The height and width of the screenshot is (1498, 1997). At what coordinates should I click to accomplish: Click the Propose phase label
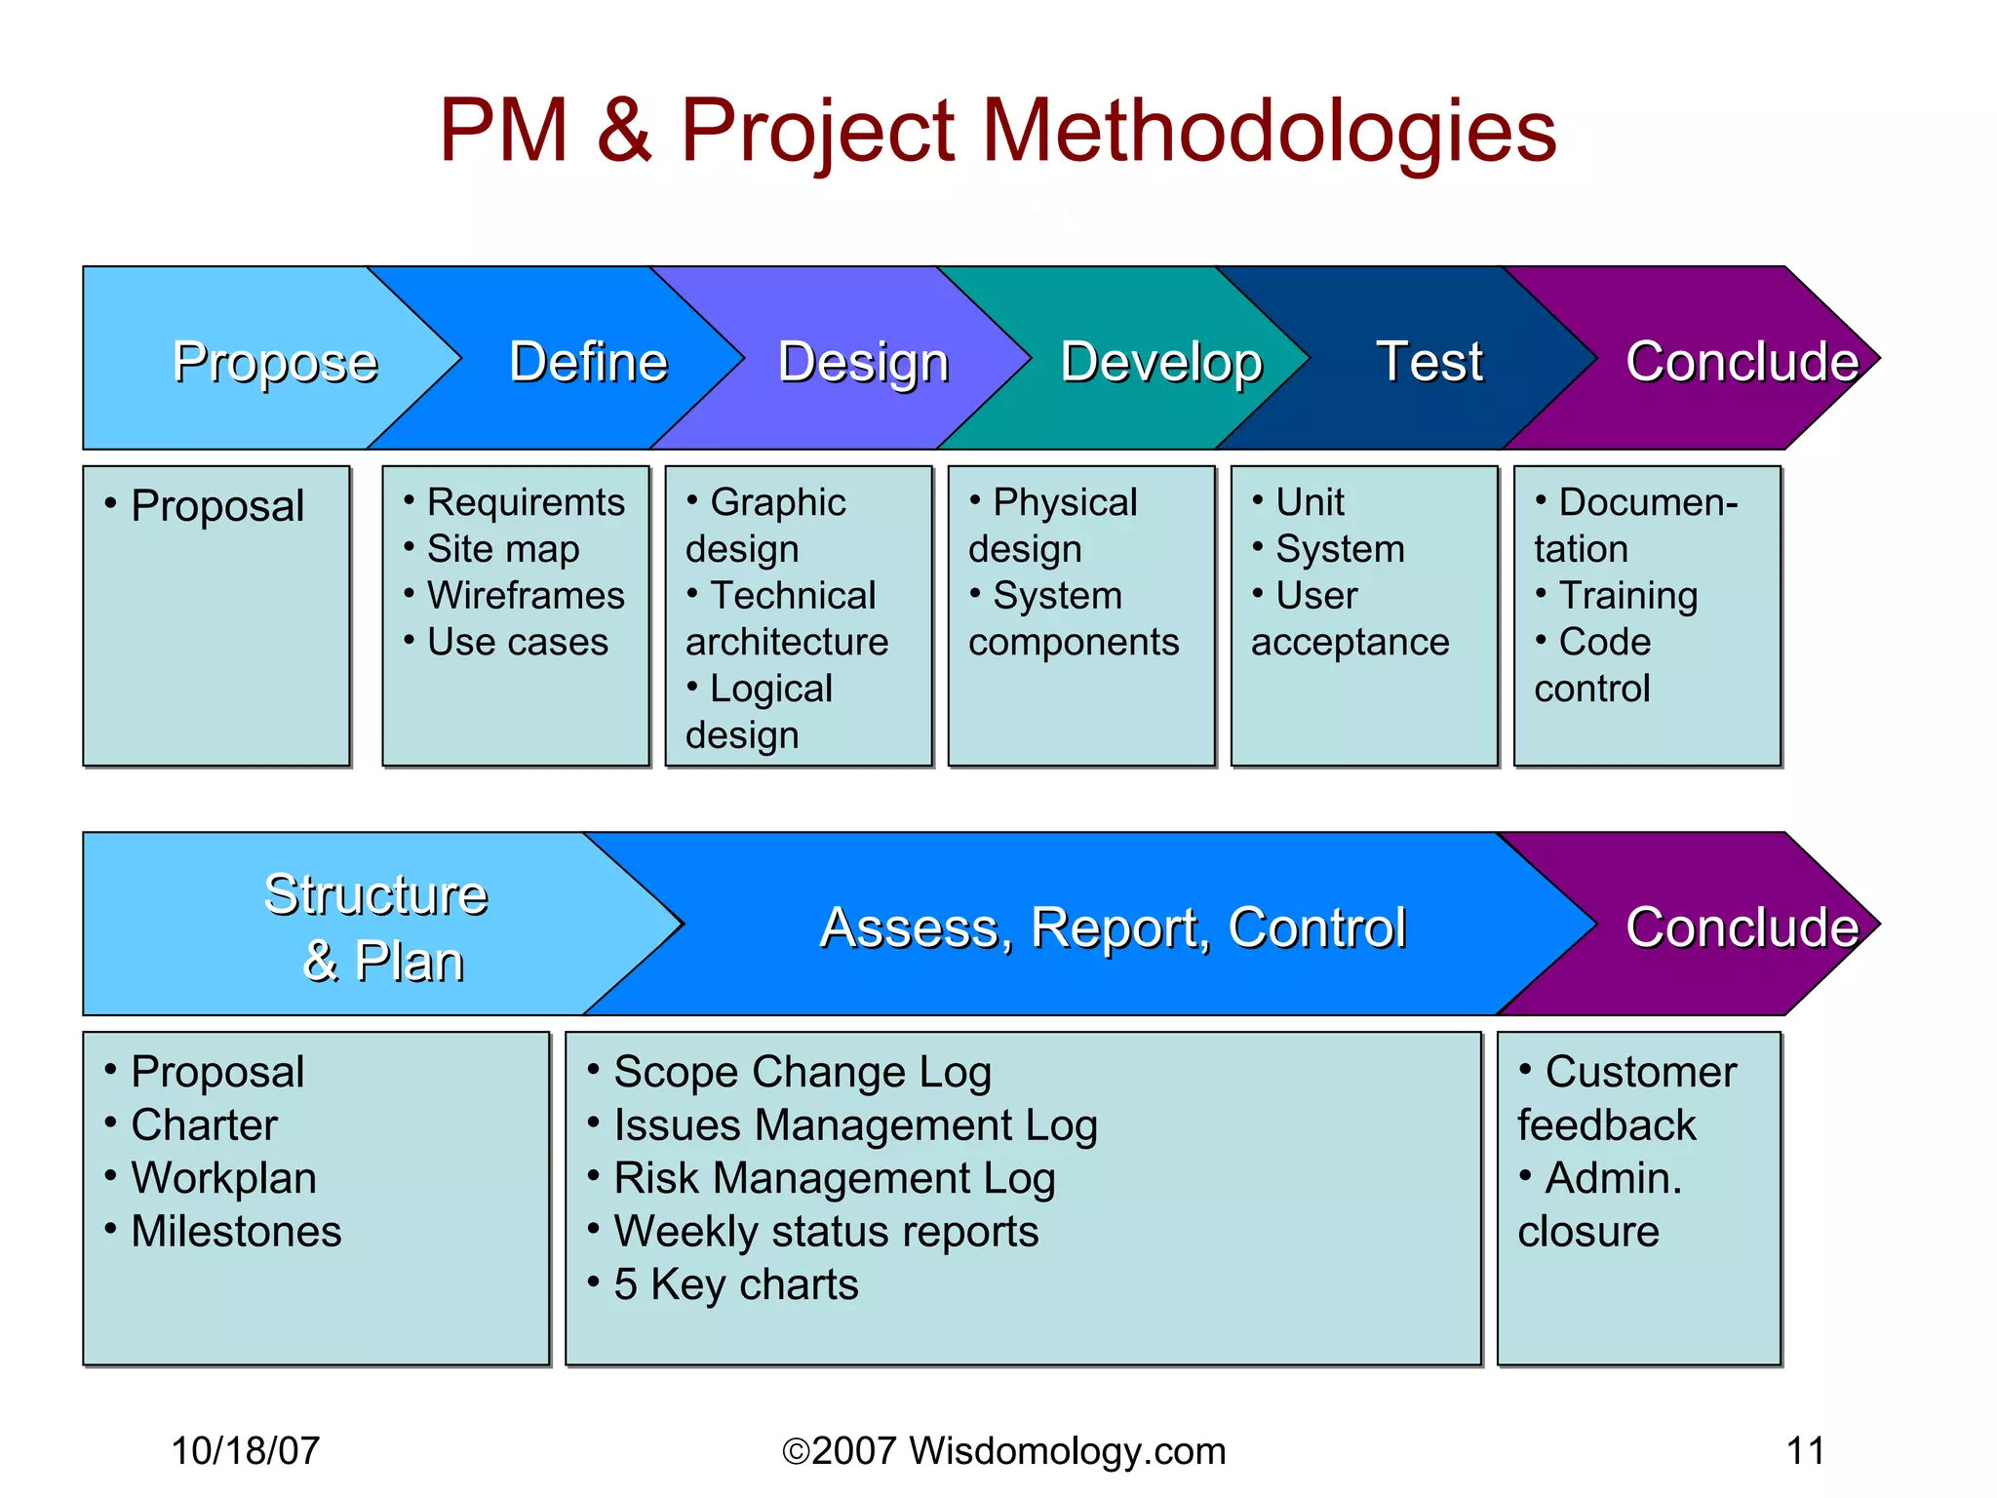275,363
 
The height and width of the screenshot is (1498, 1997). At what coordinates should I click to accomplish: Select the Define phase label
588,363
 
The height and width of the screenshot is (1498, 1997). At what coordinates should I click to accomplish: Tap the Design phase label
863,363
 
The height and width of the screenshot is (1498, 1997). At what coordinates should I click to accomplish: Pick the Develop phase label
1160,363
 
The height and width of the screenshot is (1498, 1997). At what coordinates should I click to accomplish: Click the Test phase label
1429,363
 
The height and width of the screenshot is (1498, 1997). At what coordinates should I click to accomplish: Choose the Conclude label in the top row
1742,363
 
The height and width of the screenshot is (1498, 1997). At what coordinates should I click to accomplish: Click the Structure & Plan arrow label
377,926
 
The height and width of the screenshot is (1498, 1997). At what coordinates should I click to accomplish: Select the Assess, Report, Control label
1113,927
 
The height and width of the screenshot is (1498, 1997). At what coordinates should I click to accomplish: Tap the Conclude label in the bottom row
1742,927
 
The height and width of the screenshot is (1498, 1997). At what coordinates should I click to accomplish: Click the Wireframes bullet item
526,596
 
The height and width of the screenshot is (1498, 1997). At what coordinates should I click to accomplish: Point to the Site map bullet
503,549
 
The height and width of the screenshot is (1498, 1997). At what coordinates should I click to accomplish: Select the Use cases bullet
518,643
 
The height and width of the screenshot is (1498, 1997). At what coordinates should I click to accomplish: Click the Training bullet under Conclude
1627,596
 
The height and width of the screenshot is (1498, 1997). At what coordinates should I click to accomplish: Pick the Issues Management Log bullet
855,1125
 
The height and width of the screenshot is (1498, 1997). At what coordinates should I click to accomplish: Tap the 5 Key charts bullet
736,1284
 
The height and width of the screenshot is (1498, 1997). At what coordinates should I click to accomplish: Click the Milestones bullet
236,1232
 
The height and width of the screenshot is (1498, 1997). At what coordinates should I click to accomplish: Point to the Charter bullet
204,1125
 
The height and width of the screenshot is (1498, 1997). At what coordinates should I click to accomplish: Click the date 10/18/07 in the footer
245,1451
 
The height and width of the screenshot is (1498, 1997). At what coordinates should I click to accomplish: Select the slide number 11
1805,1451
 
